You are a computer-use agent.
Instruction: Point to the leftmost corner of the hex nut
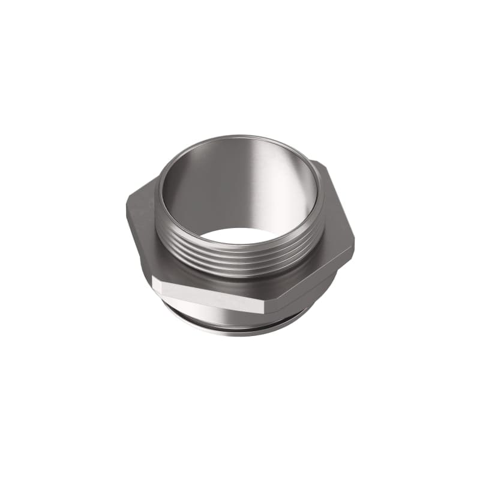tap(127, 207)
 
